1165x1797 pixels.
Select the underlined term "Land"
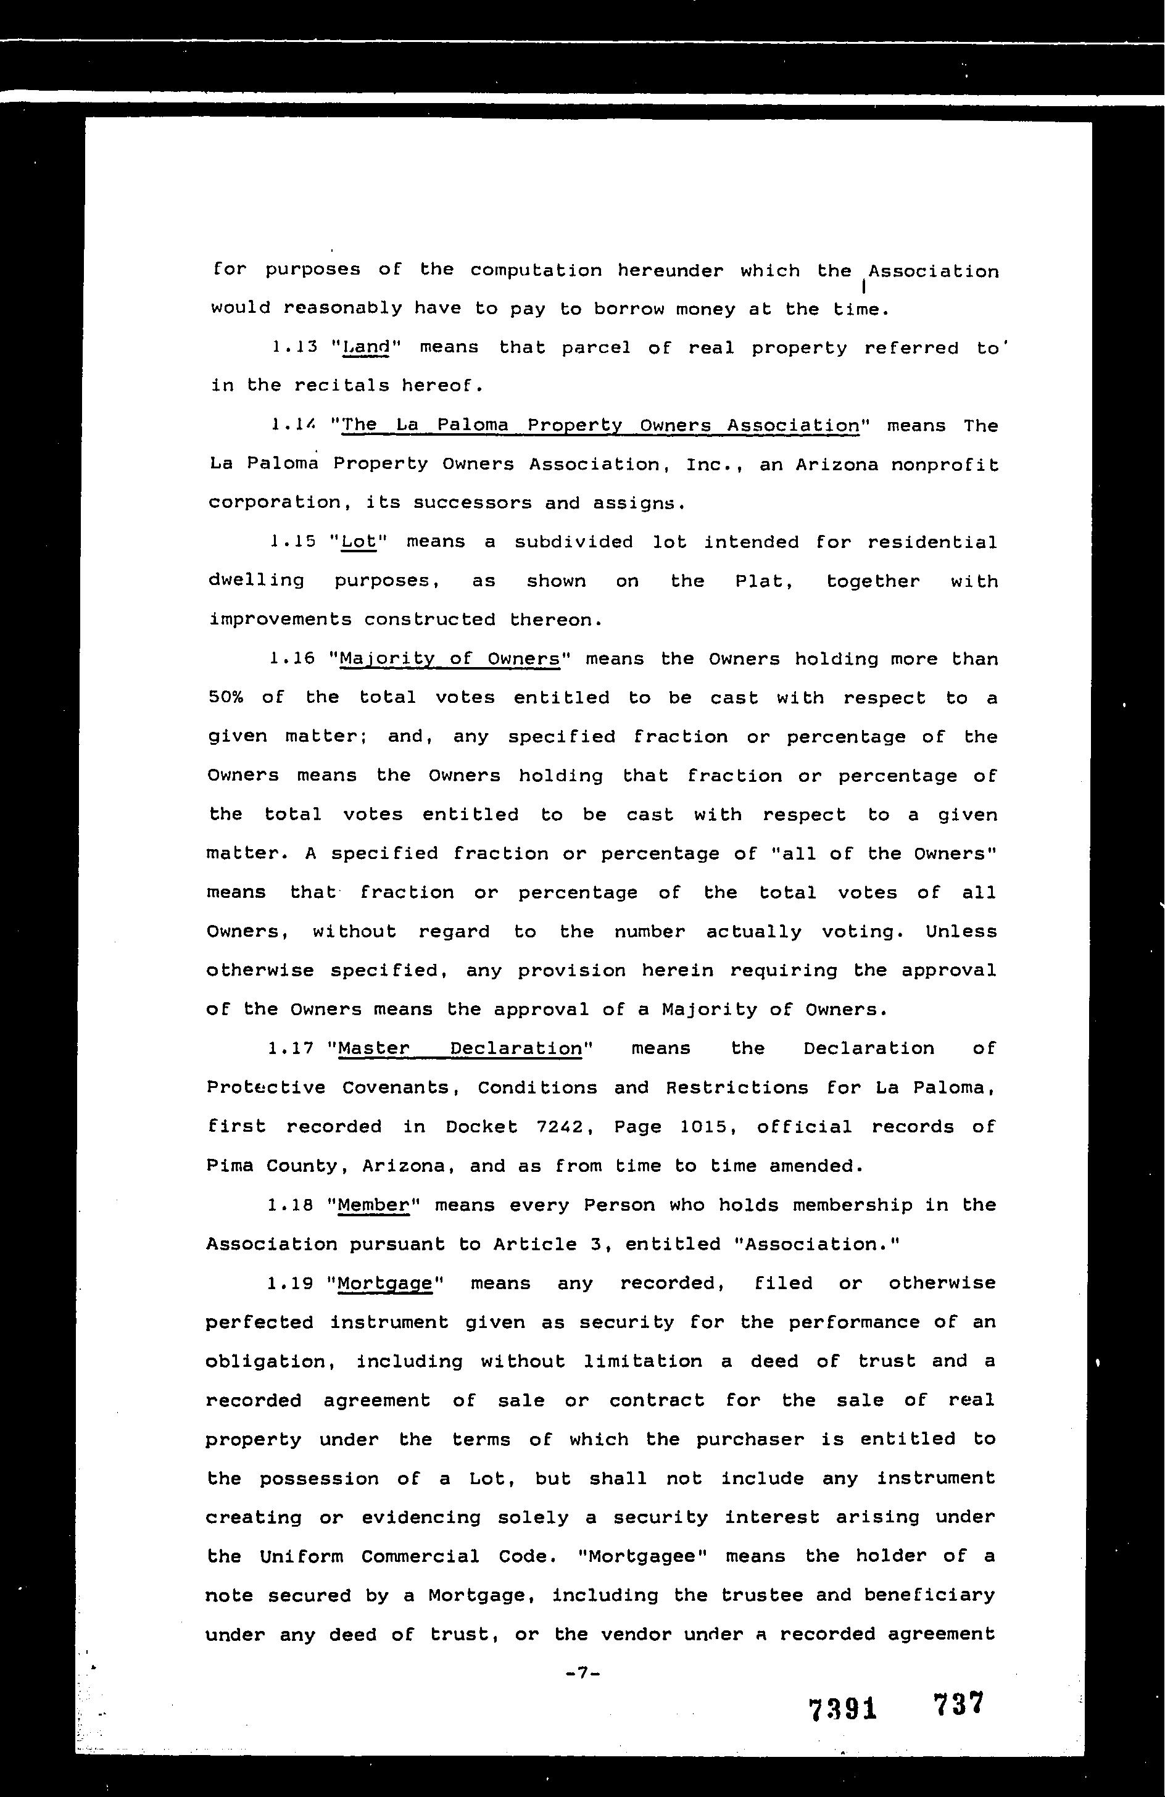(x=365, y=347)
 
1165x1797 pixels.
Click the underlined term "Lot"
(x=359, y=542)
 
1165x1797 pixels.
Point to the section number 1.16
(x=291, y=659)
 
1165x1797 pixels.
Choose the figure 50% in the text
(x=225, y=698)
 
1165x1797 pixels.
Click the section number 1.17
(x=291, y=1048)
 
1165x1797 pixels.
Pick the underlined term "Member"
(x=373, y=1205)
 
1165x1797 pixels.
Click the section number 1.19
(x=291, y=1283)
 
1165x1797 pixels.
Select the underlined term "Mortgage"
(x=385, y=1284)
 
